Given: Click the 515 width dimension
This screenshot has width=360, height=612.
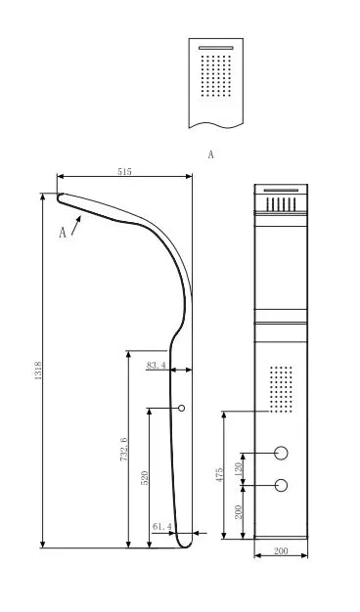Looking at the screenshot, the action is pyautogui.click(x=124, y=171).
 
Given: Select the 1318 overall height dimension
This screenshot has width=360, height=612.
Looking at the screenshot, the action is pyautogui.click(x=38, y=371).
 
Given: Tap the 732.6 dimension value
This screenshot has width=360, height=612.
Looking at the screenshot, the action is pyautogui.click(x=124, y=449).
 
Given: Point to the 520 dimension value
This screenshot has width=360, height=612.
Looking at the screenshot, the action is pyautogui.click(x=145, y=478).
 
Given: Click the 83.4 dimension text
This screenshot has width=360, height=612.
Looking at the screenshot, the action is pyautogui.click(x=157, y=366).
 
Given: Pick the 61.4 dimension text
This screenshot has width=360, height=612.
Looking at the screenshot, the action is pyautogui.click(x=162, y=527).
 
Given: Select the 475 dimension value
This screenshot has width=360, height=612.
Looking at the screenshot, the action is pyautogui.click(x=219, y=474).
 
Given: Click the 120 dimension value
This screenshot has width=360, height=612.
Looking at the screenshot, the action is pyautogui.click(x=239, y=467).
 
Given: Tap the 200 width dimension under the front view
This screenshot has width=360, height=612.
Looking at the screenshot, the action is pyautogui.click(x=281, y=551).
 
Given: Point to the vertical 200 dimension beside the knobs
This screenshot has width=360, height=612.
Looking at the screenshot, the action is pyautogui.click(x=239, y=511).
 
